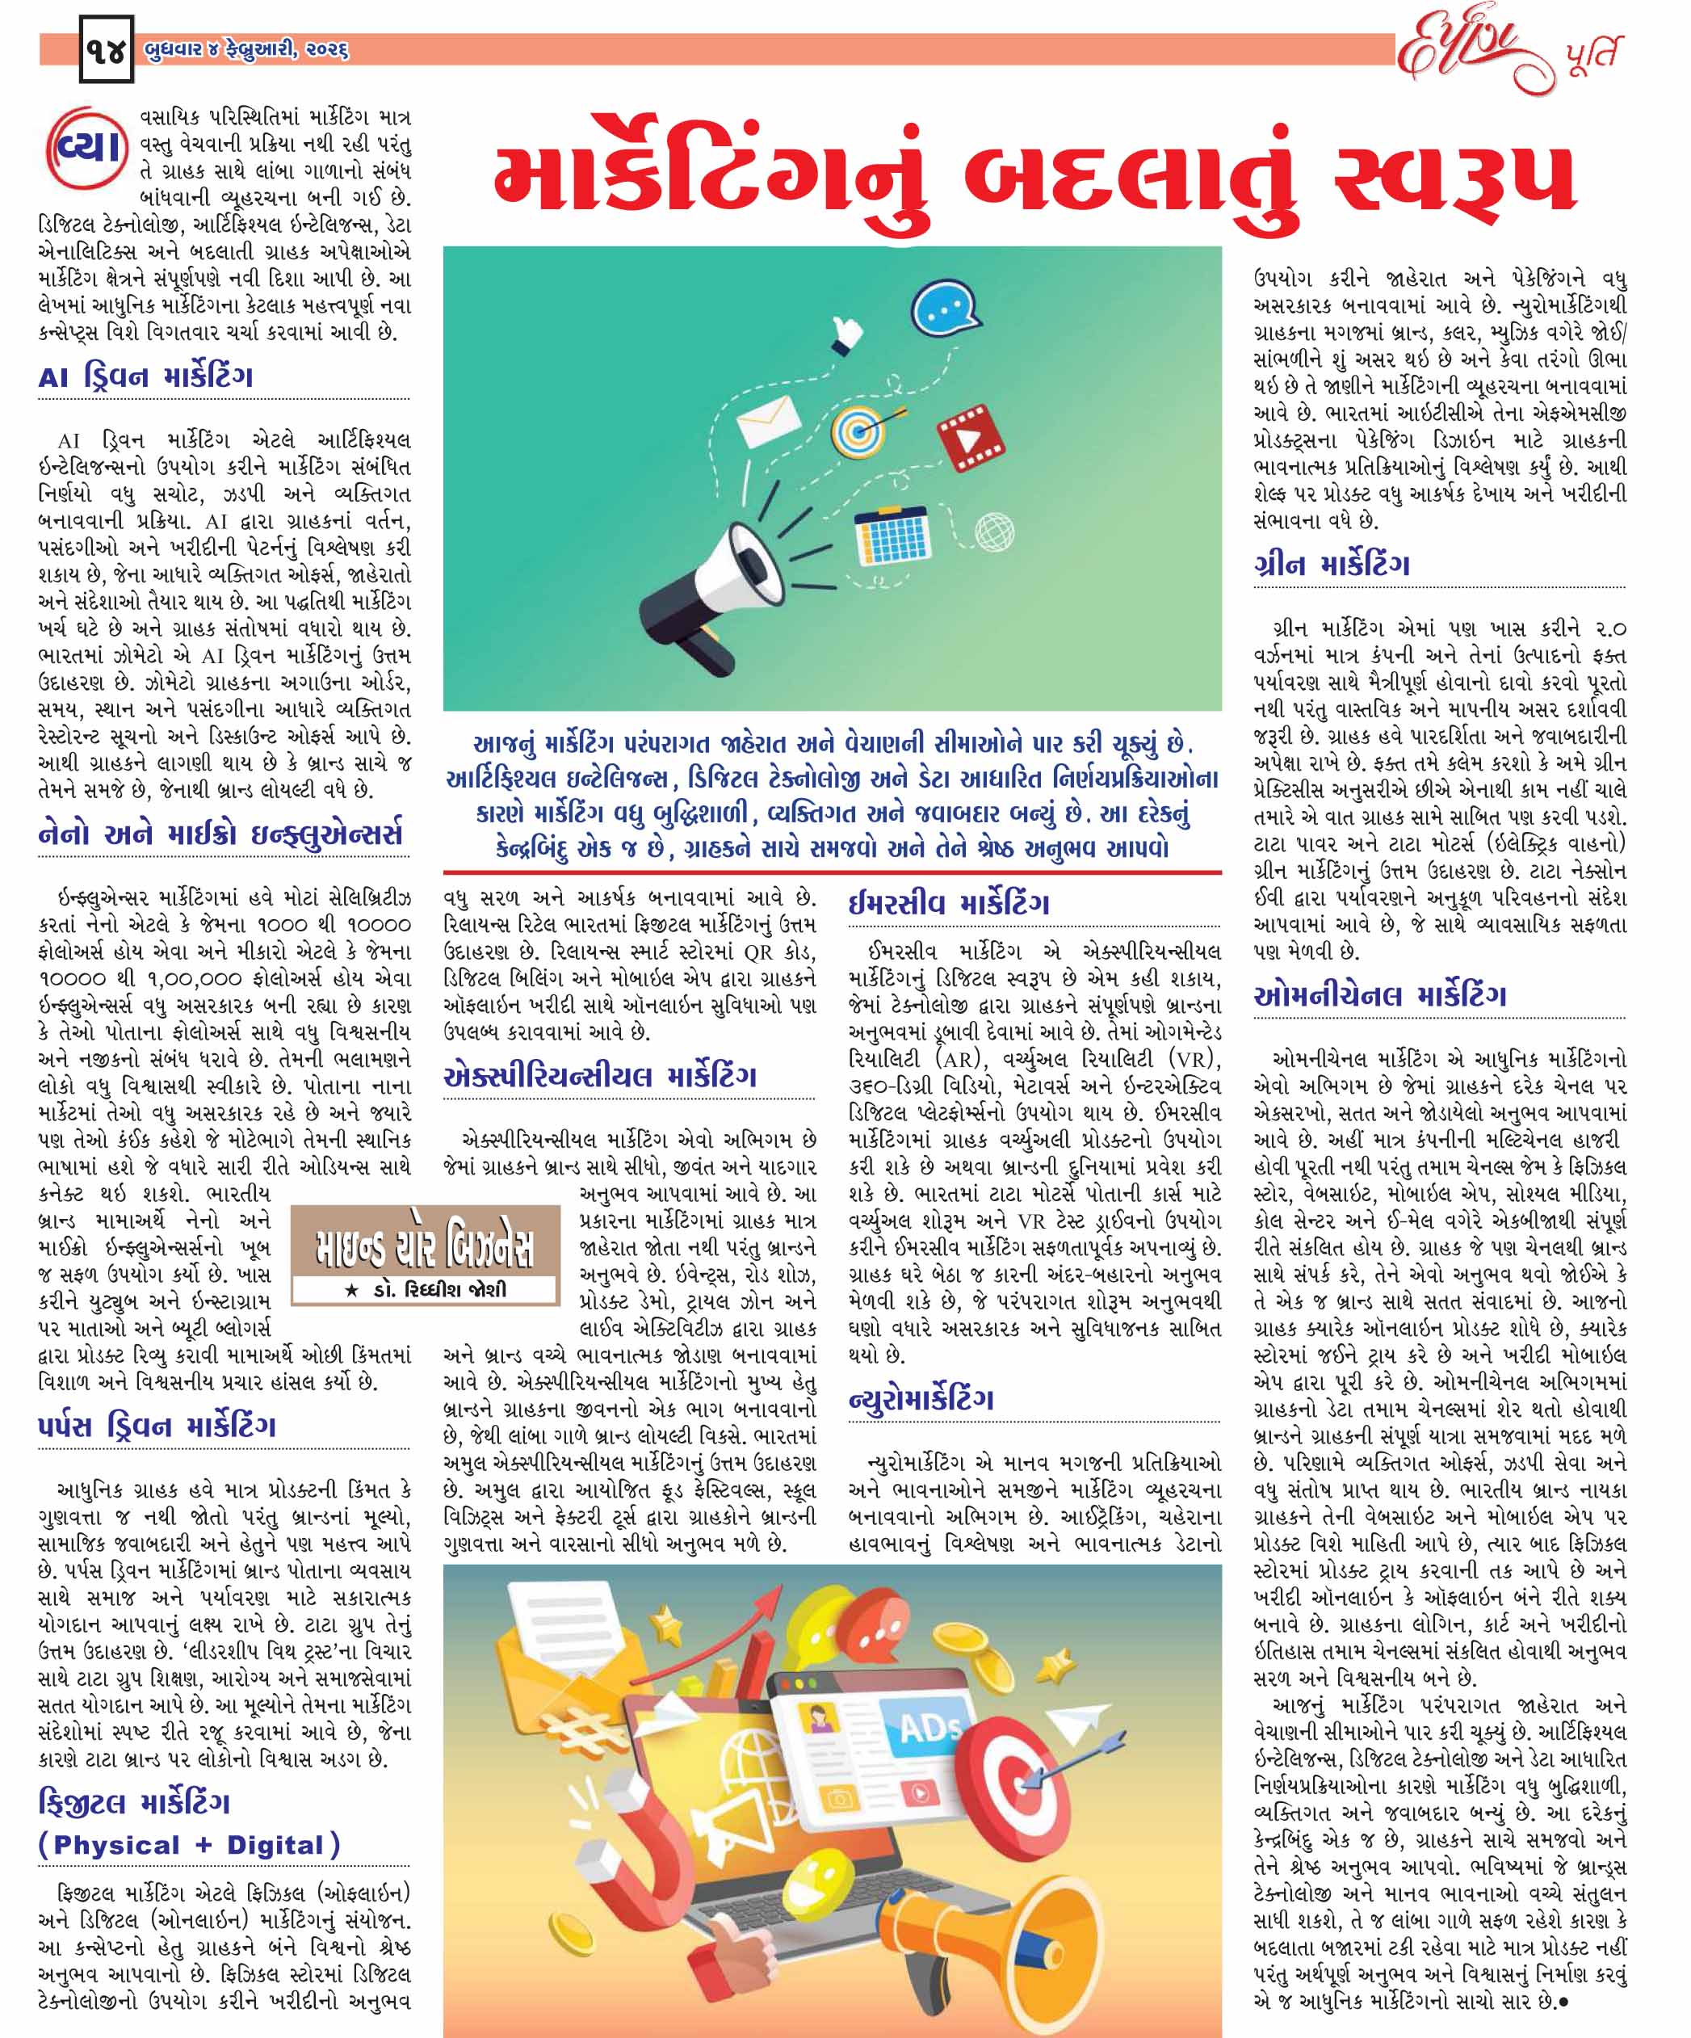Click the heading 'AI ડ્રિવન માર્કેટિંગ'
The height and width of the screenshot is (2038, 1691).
coord(145,376)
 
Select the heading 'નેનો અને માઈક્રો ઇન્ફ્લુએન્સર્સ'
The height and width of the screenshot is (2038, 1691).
coord(220,834)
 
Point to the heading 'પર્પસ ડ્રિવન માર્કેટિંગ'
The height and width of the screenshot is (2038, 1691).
coord(157,1426)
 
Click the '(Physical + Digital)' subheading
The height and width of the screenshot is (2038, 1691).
coord(189,1845)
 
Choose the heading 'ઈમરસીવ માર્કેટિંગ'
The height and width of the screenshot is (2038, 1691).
coord(948,904)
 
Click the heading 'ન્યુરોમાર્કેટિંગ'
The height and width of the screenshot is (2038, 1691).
coord(921,1398)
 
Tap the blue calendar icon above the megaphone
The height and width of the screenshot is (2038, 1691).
coord(892,532)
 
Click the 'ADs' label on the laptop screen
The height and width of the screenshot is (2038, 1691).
coord(930,1728)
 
